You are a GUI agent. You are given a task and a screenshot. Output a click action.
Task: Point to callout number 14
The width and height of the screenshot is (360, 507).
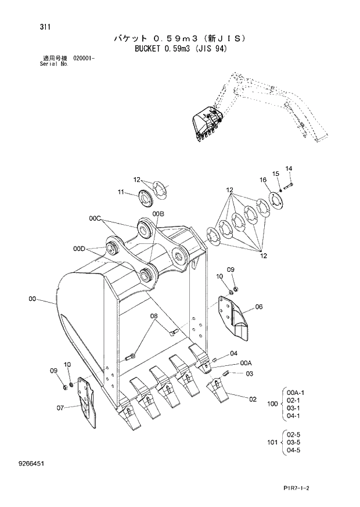point(289,169)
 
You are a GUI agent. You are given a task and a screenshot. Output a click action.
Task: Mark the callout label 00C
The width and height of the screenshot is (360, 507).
point(96,218)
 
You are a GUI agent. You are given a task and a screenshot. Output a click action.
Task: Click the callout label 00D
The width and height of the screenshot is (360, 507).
point(80,249)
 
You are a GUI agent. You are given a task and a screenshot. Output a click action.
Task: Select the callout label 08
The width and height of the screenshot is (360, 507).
point(153,317)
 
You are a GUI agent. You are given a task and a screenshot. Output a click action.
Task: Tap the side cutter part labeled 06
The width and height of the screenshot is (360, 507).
point(236,317)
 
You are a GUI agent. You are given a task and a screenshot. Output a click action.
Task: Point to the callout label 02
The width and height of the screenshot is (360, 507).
point(253,400)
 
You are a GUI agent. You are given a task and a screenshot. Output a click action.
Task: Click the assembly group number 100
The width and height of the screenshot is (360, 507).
point(272,403)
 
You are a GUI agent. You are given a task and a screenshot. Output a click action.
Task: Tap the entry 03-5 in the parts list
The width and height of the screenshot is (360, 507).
point(294,443)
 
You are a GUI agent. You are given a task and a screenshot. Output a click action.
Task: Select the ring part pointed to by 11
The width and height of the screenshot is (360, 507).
point(145,197)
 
